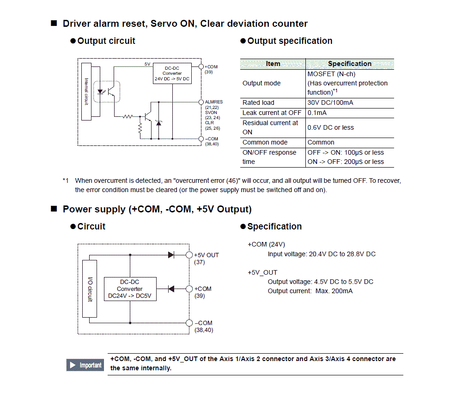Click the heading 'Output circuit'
[x=106, y=41]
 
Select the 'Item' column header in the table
[x=273, y=64]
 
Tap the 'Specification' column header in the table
[x=350, y=64]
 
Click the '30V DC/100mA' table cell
[x=330, y=103]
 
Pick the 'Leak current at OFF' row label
[x=272, y=113]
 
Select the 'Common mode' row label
[x=265, y=142]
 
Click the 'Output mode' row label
[x=261, y=83]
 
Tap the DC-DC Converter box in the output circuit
[x=172, y=73]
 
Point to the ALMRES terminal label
[x=213, y=102]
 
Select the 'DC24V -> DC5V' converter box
[x=130, y=289]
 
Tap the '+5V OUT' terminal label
[x=206, y=255]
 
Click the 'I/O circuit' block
[x=90, y=289]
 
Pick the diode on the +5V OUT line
[x=171, y=254]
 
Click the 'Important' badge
[x=85, y=365]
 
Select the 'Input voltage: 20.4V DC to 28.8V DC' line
[x=322, y=254]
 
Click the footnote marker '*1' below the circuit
[x=66, y=181]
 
